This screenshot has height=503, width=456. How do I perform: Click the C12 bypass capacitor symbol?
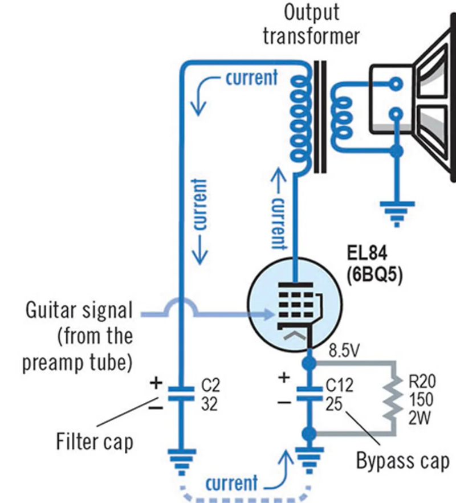pyautogui.click(x=308, y=392)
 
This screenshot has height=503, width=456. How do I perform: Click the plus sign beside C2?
pyautogui.click(x=156, y=383)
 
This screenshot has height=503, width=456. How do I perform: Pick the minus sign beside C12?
pyautogui.click(x=283, y=402)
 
